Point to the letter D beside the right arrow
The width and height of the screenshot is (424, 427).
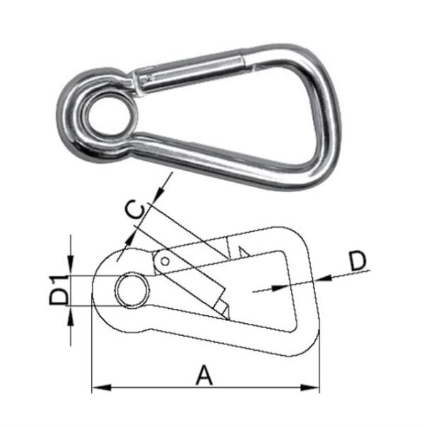359,260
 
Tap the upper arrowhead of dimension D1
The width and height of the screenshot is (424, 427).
72,270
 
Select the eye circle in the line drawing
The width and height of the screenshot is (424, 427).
132,290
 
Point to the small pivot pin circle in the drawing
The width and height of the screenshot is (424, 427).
165,261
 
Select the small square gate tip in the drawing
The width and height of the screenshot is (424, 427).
223,307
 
